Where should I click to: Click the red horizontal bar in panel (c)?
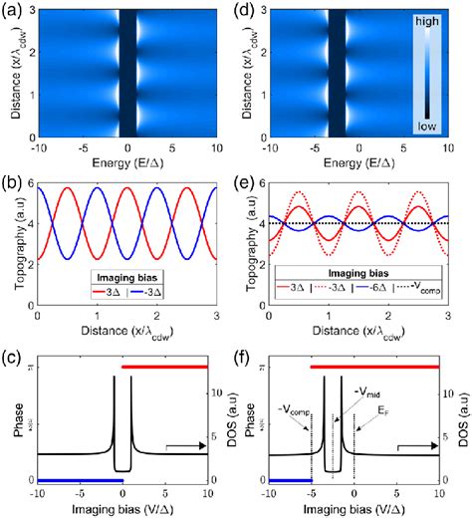(164, 367)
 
